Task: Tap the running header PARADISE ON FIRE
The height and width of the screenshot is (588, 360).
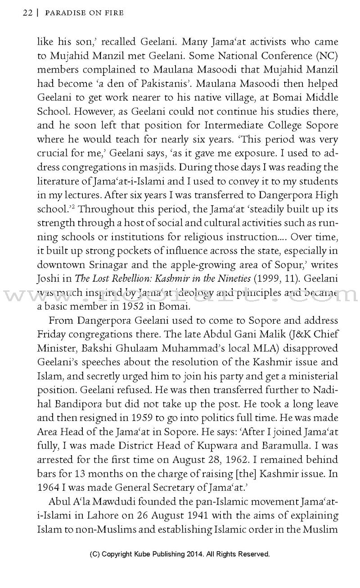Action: click(85, 14)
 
